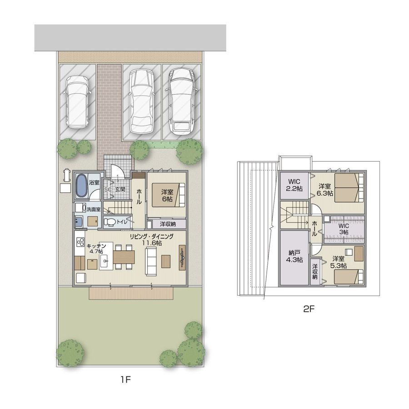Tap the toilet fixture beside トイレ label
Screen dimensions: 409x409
pos(110,222)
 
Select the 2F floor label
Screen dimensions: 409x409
pos(309,309)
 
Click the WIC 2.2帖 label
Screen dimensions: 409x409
pos(294,185)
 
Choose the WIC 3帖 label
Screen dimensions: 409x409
pos(344,229)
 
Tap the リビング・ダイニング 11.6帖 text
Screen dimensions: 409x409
pos(152,239)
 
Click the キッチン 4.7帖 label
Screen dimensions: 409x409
pos(96,249)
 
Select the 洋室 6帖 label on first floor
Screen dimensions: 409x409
pos(167,195)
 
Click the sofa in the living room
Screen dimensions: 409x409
pos(151,261)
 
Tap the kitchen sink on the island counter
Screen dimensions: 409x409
pos(105,261)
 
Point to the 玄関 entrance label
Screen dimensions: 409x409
pos(120,189)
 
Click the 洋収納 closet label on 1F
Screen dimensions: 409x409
pos(168,224)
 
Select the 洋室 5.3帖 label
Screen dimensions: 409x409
pos(338,262)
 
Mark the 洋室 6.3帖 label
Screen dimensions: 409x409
pos(325,190)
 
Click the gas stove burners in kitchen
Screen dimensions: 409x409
pos(80,242)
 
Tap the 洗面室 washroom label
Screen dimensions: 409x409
pos(93,209)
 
